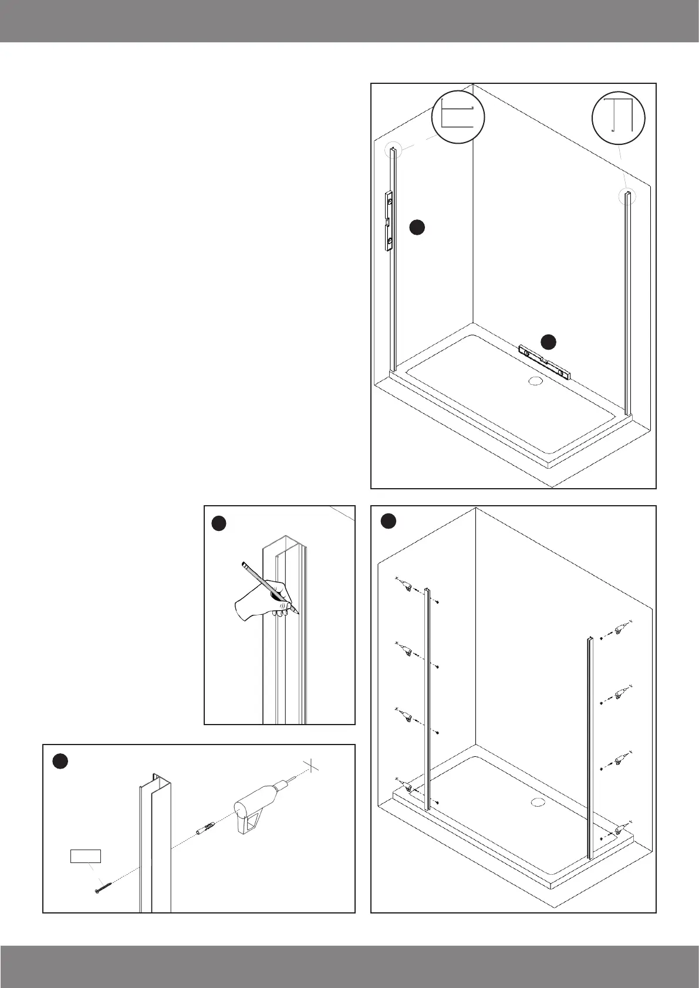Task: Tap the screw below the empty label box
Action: click(102, 887)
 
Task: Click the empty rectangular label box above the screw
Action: click(86, 856)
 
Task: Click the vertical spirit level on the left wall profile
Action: click(388, 221)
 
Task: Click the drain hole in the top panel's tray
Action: click(536, 380)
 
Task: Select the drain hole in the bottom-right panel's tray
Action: click(537, 802)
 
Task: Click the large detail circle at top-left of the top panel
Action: click(458, 117)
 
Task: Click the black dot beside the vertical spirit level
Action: click(417, 228)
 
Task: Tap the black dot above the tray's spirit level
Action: click(548, 341)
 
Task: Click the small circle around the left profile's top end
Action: click(392, 151)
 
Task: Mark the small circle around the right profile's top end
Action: click(627, 196)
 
